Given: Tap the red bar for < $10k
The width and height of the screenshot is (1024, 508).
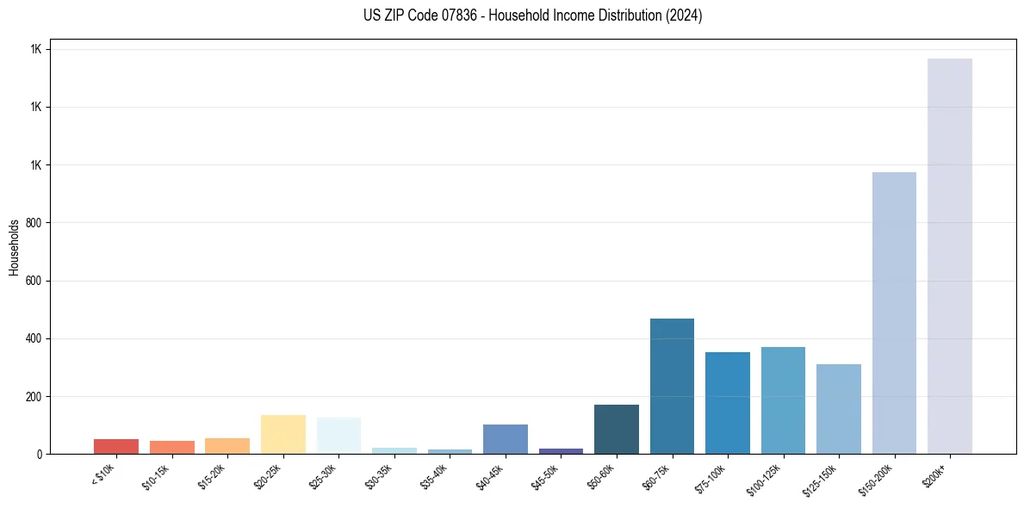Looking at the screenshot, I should (116, 446).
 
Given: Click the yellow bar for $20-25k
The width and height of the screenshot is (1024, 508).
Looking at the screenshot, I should (282, 434).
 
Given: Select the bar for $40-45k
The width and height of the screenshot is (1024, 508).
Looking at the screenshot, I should (505, 439).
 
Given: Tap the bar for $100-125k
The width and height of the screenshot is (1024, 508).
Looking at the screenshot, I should (783, 400).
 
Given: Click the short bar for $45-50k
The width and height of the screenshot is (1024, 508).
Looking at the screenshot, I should (561, 450).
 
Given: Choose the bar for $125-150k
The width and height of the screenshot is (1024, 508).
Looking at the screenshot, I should (838, 409).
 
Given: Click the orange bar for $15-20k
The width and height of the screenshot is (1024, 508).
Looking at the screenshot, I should (227, 446).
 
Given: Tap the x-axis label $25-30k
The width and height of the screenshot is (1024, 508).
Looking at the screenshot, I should (323, 476).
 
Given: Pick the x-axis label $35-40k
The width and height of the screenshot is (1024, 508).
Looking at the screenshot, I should (434, 476).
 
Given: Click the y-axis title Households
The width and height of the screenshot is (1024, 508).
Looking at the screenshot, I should (14, 246).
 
